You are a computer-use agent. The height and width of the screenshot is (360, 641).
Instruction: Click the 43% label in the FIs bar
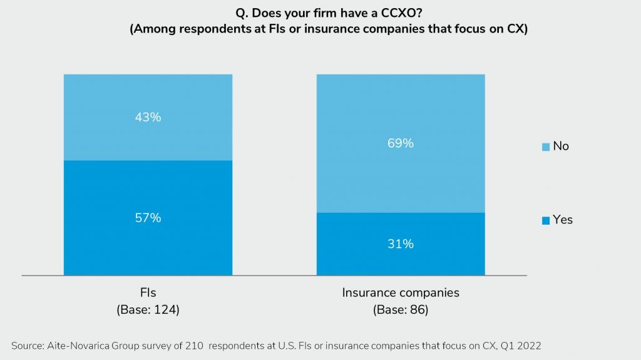point(148,117)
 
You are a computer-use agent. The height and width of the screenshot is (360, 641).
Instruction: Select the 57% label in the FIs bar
point(148,218)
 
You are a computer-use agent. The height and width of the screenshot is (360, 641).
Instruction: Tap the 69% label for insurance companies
point(401,143)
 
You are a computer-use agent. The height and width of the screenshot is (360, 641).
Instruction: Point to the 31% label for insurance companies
point(401,244)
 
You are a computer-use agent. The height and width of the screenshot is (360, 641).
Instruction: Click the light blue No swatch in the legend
point(546,147)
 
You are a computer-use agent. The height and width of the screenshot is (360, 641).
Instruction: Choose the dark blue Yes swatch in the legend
point(546,220)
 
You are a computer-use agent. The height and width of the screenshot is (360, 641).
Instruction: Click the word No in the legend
point(561,146)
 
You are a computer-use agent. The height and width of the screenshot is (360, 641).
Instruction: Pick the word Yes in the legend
point(563,220)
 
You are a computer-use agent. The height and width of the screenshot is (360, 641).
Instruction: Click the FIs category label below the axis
point(148,293)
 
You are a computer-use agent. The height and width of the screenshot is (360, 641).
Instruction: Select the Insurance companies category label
point(401,293)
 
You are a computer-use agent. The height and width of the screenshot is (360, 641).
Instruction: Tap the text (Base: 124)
point(148,309)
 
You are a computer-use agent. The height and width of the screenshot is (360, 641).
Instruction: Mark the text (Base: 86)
point(401,309)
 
